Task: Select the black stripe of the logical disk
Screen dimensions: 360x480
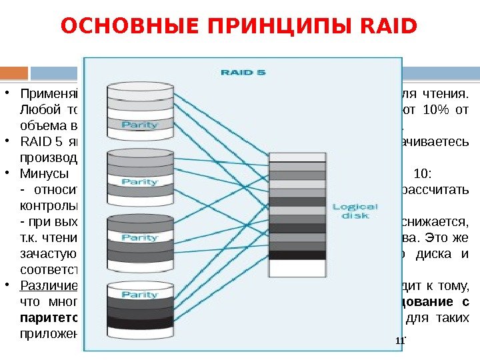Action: tap(297, 255)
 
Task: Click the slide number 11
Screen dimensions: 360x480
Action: tap(400, 341)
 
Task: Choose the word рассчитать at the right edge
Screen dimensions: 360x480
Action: tap(443, 189)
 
